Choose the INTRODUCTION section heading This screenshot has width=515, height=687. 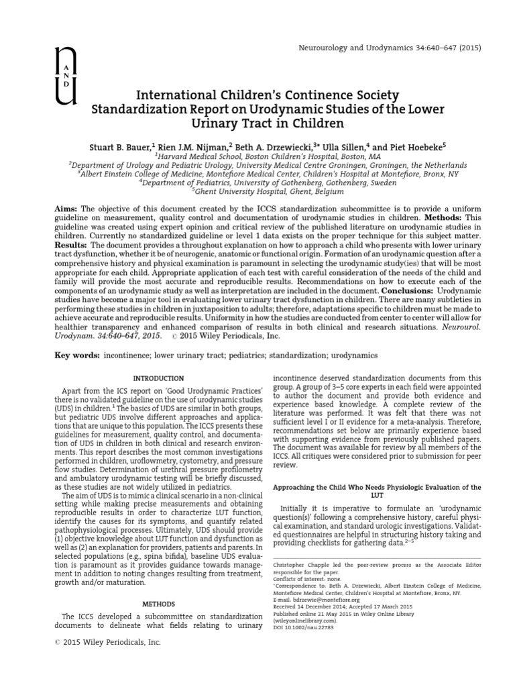[158, 379]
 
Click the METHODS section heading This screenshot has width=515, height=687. [158, 604]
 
